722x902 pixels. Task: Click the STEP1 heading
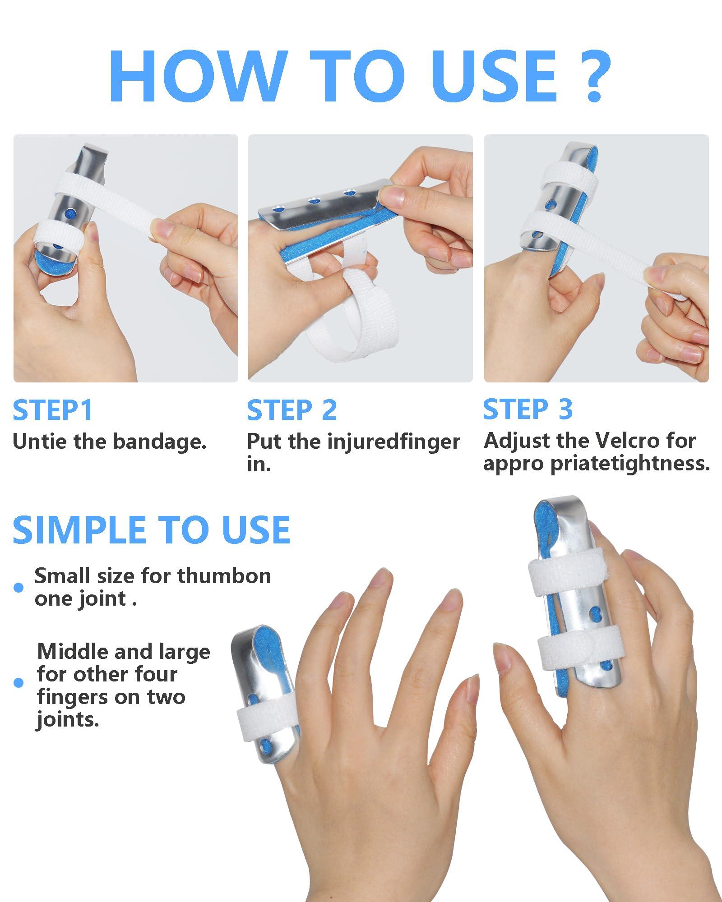[x=53, y=410]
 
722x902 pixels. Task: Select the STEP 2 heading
[x=292, y=410]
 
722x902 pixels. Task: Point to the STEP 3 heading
[x=528, y=410]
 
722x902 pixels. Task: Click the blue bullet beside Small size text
[x=19, y=587]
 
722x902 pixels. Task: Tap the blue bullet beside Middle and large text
[x=19, y=683]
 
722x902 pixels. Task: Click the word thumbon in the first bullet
[x=224, y=576]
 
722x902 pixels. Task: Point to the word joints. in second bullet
[x=68, y=720]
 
